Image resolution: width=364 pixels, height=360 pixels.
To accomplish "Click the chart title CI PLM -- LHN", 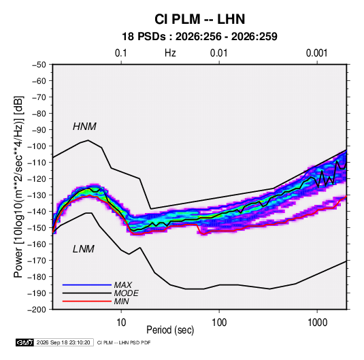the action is tap(199, 19).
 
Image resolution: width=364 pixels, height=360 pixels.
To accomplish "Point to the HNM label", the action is tap(84, 127).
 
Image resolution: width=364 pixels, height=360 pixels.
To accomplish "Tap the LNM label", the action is tap(84, 249).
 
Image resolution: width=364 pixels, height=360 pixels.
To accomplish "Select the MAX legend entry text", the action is tap(123, 285).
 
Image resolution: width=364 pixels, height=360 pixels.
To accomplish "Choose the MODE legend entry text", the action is tap(127, 293).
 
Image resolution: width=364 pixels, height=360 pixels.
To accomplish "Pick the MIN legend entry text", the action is tap(121, 301).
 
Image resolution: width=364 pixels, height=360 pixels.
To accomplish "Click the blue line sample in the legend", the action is tap(87, 285).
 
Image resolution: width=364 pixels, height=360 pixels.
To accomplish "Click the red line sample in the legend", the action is tap(87, 301).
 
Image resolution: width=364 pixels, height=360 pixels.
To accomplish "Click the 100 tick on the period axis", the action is tap(219, 323).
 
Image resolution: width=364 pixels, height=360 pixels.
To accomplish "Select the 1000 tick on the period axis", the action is tap(317, 323).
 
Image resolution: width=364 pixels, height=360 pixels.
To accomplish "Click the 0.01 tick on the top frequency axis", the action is tap(218, 53).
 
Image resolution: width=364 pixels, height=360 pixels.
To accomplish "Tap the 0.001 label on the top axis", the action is tap(316, 53).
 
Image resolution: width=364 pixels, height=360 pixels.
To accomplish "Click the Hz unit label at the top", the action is tap(170, 53).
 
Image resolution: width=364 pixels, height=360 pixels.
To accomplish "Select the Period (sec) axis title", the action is tap(170, 330).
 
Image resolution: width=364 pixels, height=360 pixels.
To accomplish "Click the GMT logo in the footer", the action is tap(25, 342).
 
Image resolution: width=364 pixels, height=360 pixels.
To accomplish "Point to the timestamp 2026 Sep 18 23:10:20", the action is tap(63, 342).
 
